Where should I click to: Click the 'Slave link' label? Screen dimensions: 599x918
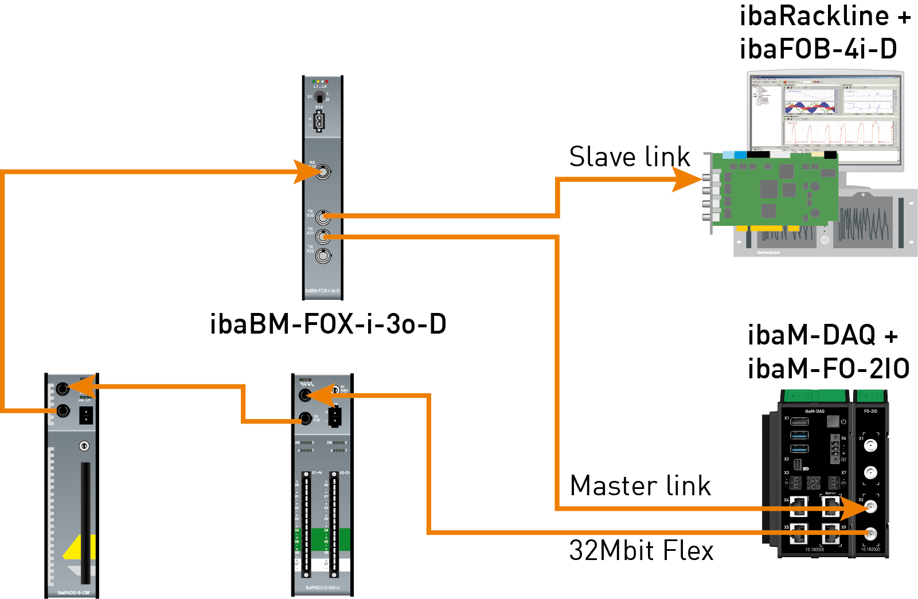[x=629, y=156]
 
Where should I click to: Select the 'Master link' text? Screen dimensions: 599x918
[x=640, y=486]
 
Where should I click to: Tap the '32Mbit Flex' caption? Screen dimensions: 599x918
[x=641, y=551]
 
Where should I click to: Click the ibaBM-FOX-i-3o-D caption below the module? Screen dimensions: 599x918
[x=328, y=324]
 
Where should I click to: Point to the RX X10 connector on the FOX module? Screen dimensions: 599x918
[x=323, y=171]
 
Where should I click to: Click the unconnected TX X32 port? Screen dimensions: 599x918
[x=323, y=256]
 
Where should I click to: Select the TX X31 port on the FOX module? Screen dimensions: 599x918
[x=323, y=236]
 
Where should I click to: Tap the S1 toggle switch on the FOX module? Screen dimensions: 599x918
[x=319, y=97]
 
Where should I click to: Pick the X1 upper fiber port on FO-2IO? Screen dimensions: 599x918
[x=870, y=446]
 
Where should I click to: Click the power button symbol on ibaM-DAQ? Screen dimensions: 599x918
[x=843, y=422]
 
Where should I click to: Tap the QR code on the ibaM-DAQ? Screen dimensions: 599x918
[x=814, y=483]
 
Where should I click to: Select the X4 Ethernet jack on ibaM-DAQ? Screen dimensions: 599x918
[x=798, y=506]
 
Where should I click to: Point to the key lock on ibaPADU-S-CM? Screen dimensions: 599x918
[x=84, y=445]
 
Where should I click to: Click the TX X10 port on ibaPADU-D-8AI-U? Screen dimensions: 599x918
[x=306, y=418]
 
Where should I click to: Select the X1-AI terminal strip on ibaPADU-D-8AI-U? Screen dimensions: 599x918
[x=306, y=524]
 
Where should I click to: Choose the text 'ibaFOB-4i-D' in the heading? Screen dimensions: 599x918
[x=818, y=49]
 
